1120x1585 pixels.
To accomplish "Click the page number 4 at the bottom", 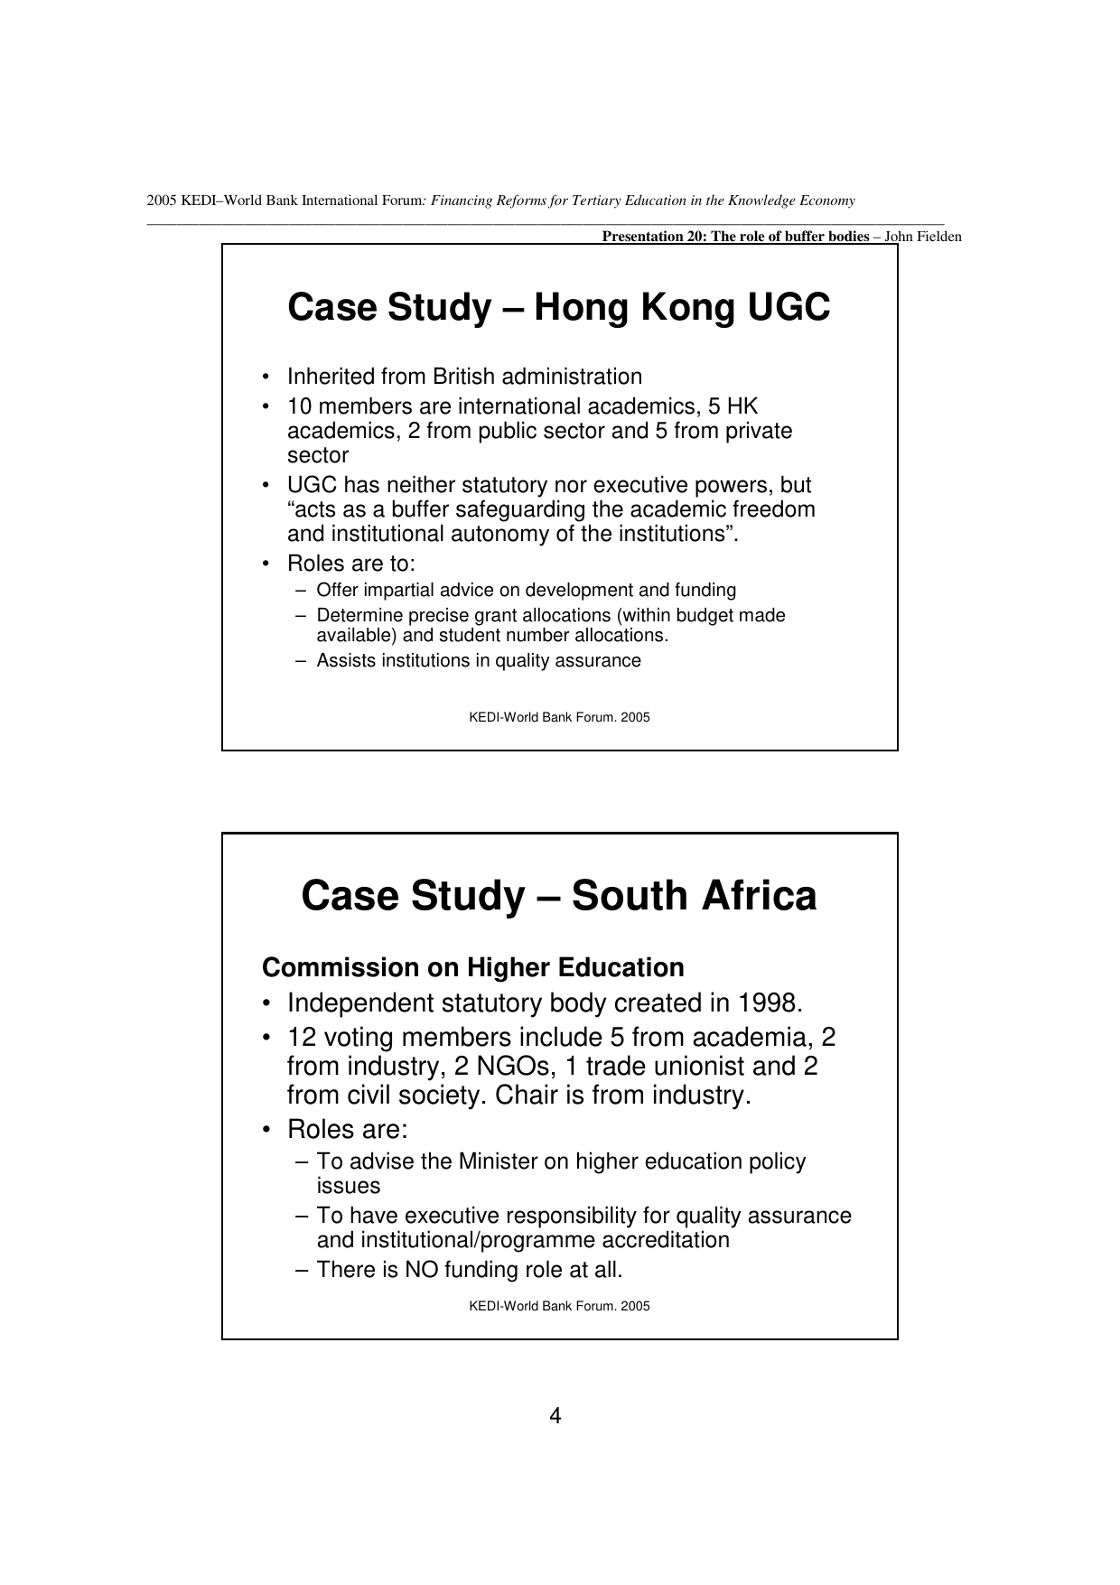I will [555, 1416].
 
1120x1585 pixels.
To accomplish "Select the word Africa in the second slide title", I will [759, 896].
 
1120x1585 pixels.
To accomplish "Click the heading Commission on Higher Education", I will [472, 968].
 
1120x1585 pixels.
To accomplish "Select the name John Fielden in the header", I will [923, 238].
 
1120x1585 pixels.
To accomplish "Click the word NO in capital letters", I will [421, 1270].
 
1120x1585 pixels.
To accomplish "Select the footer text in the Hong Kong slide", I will [559, 718].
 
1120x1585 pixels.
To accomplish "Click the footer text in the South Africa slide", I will [559, 1306].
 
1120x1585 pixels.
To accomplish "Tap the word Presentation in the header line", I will [638, 238].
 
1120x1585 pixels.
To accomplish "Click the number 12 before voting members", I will [301, 1038].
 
